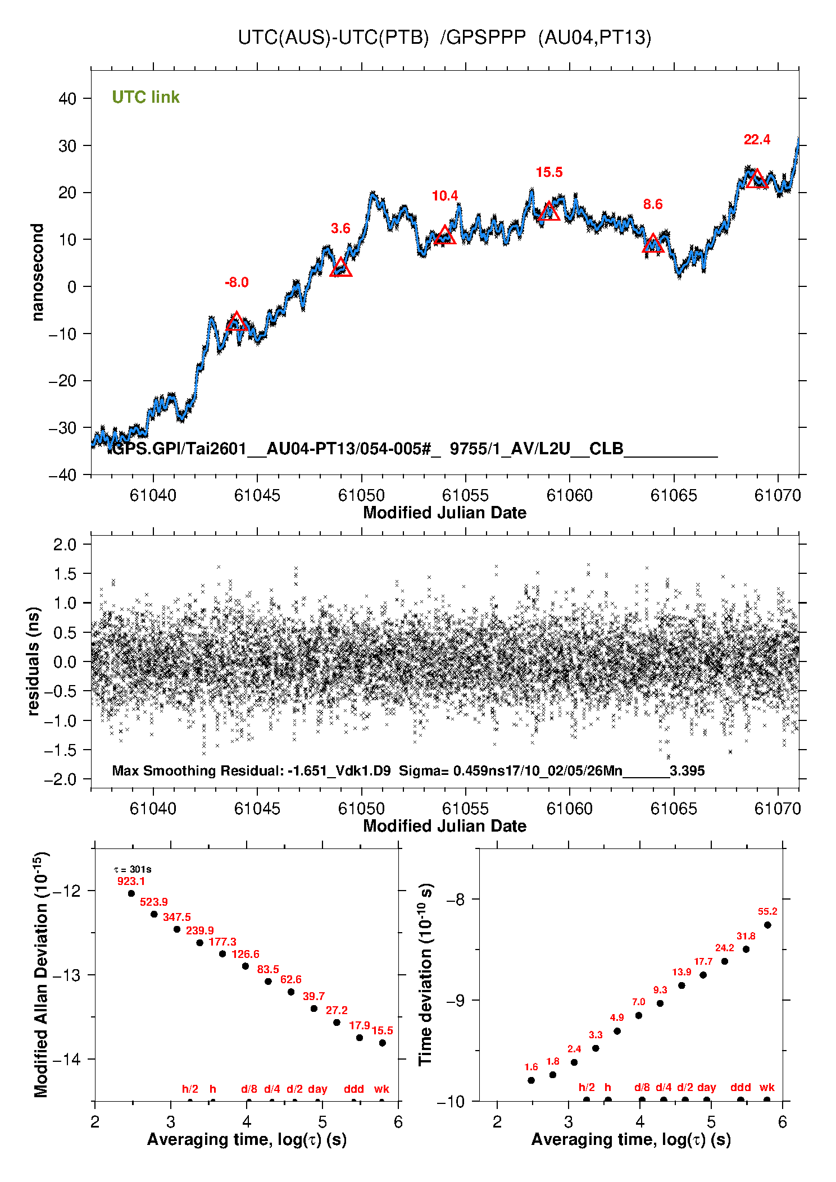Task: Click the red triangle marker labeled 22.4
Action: pyautogui.click(x=757, y=179)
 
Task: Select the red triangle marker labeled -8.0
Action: pyautogui.click(x=237, y=322)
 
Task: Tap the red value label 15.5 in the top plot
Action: pyautogui.click(x=549, y=172)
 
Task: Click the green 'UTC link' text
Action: pyautogui.click(x=146, y=97)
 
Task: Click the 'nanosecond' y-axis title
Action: pyautogui.click(x=37, y=272)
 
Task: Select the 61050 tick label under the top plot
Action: pyautogui.click(x=361, y=495)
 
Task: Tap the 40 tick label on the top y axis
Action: pyautogui.click(x=67, y=99)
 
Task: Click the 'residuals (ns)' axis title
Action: pyautogui.click(x=34, y=661)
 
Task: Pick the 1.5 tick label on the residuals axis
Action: pyautogui.click(x=65, y=574)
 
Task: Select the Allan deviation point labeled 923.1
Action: pyautogui.click(x=131, y=893)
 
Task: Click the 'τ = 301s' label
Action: pyautogui.click(x=133, y=870)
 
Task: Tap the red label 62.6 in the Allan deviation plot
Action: pyautogui.click(x=291, y=979)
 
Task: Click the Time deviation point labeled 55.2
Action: pyautogui.click(x=767, y=925)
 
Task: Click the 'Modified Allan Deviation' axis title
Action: pyautogui.click(x=40, y=974)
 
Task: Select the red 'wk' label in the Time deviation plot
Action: pyautogui.click(x=767, y=1087)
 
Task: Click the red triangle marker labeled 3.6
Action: pyautogui.click(x=341, y=268)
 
